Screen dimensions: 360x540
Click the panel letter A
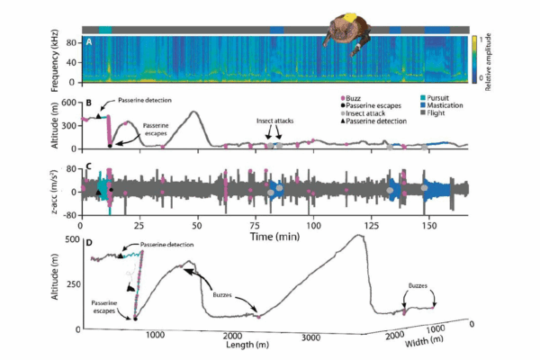pos(89,42)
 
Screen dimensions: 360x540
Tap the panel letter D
pos(88,241)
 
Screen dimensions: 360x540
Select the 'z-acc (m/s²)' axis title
pos(56,188)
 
